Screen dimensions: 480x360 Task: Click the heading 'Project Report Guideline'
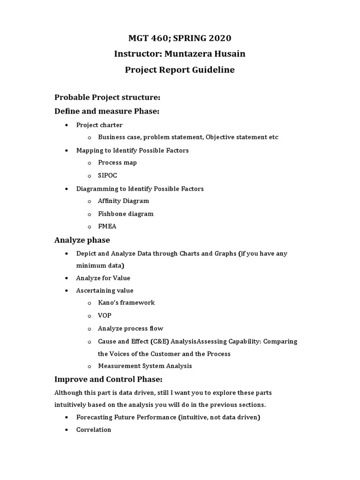[x=180, y=70]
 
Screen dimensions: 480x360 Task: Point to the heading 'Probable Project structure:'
[x=107, y=97]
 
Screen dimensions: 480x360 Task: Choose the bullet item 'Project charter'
[x=99, y=125]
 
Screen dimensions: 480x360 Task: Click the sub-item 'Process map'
[x=117, y=163]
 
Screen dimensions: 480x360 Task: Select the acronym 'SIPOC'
[x=108, y=175]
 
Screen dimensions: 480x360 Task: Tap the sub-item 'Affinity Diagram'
[x=123, y=201]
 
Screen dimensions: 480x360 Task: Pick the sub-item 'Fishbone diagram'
[x=126, y=214]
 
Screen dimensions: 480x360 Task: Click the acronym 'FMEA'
[x=107, y=226]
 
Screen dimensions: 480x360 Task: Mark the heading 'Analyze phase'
[x=82, y=240]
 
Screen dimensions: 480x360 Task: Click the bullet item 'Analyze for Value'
[x=103, y=278]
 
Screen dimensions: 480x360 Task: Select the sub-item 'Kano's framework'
[x=126, y=302]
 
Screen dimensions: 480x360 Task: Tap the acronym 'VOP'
[x=105, y=315]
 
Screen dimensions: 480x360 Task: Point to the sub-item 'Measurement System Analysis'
[x=145, y=366]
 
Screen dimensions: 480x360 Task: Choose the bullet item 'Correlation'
[x=94, y=430]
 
